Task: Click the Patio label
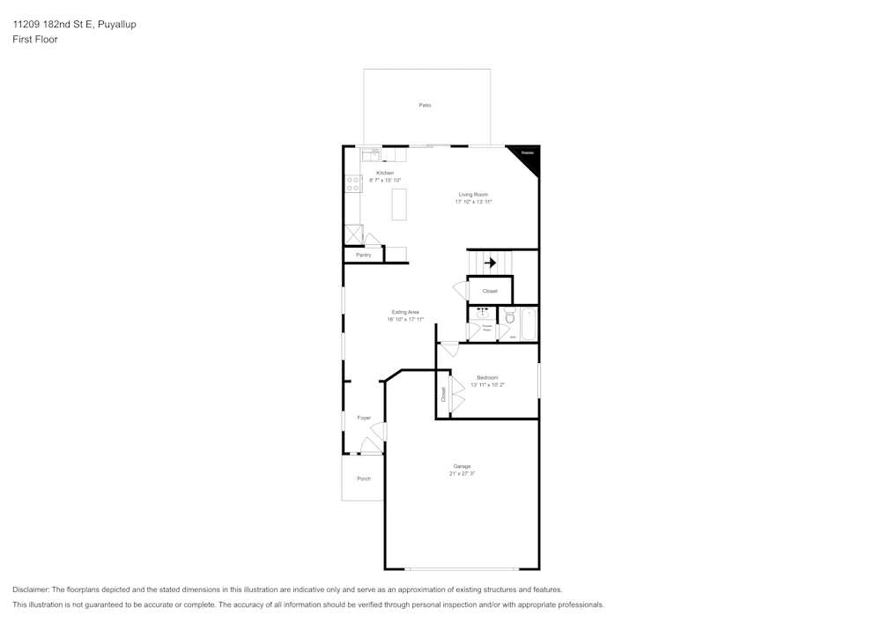425,105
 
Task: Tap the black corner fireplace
528,156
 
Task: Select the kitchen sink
371,154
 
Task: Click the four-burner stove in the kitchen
352,183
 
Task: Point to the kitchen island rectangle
400,204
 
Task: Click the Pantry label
363,255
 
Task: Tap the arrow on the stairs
490,262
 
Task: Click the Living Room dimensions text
473,202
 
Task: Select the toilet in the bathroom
511,315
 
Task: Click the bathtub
529,323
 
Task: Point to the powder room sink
482,312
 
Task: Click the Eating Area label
405,312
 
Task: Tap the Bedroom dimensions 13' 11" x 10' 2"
487,384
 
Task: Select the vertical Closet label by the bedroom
443,393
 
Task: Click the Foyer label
364,418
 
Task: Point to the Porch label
363,478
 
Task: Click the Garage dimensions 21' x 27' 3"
462,473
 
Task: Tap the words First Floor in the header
35,40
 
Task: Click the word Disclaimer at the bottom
30,590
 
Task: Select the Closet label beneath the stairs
490,291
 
